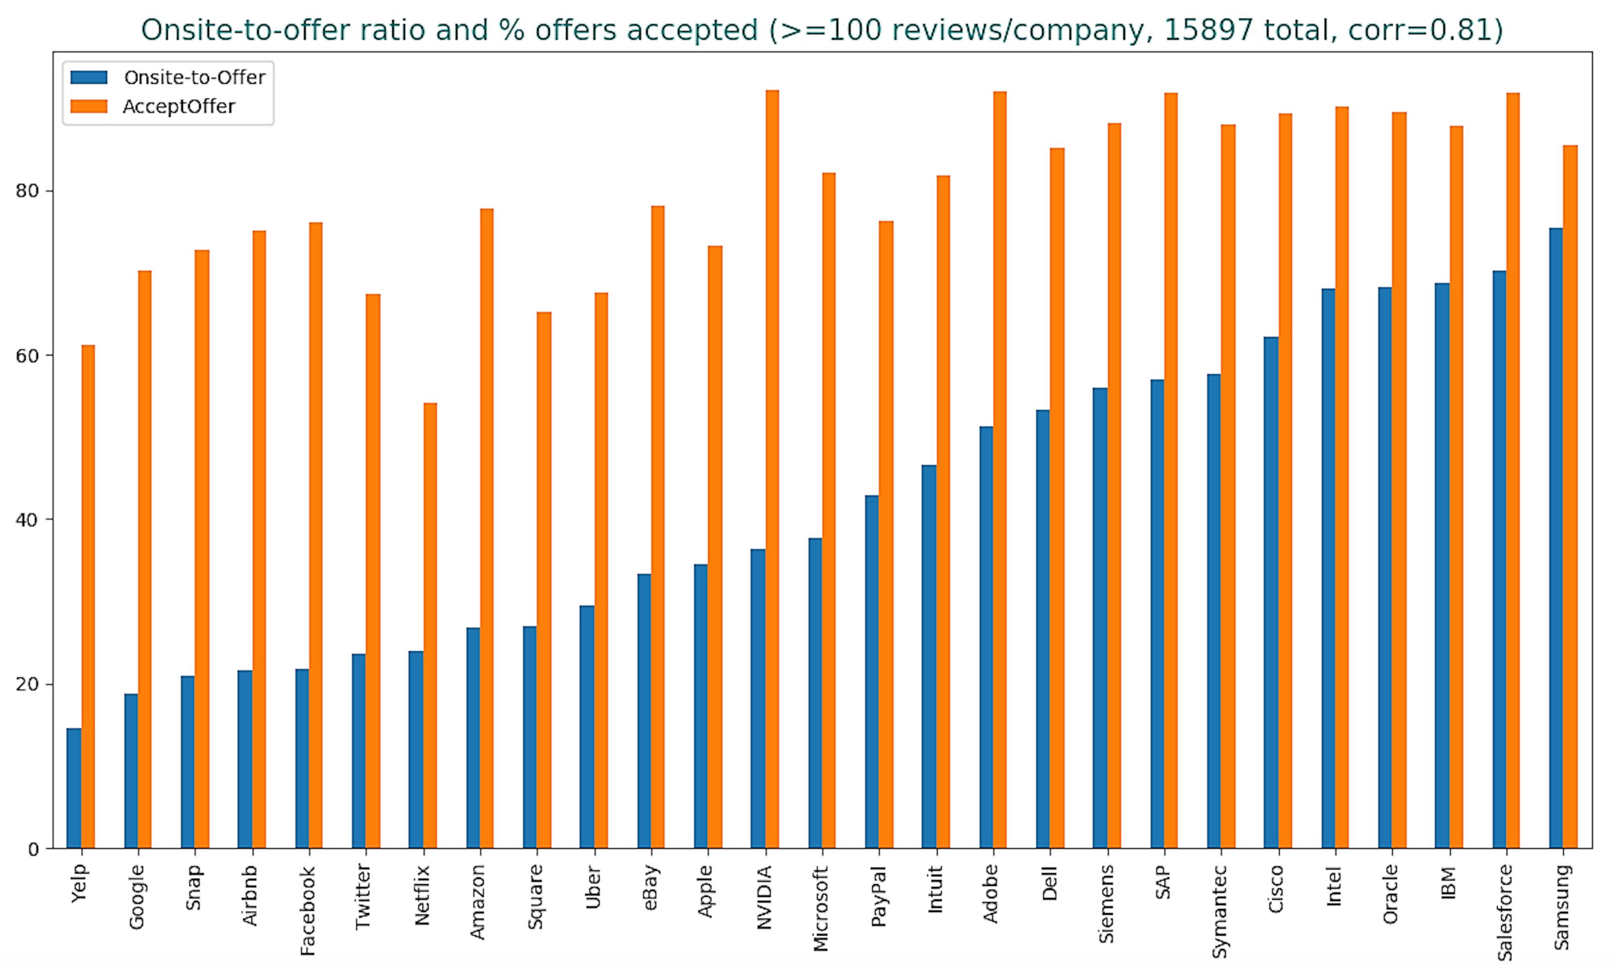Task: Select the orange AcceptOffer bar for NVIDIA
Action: click(772, 468)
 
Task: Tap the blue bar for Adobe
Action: click(986, 637)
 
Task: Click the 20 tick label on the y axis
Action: click(27, 685)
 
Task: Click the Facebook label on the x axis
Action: click(308, 910)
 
